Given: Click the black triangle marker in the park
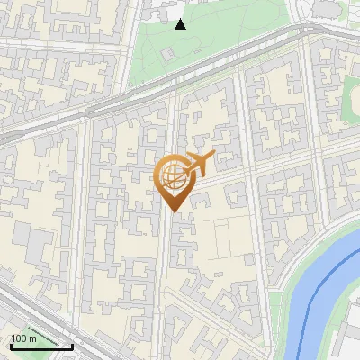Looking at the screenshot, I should (180, 24).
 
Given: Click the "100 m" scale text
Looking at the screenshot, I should (24, 339).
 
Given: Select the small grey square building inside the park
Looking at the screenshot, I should (167, 54).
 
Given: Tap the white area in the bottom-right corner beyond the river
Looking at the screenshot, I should (346, 346).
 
